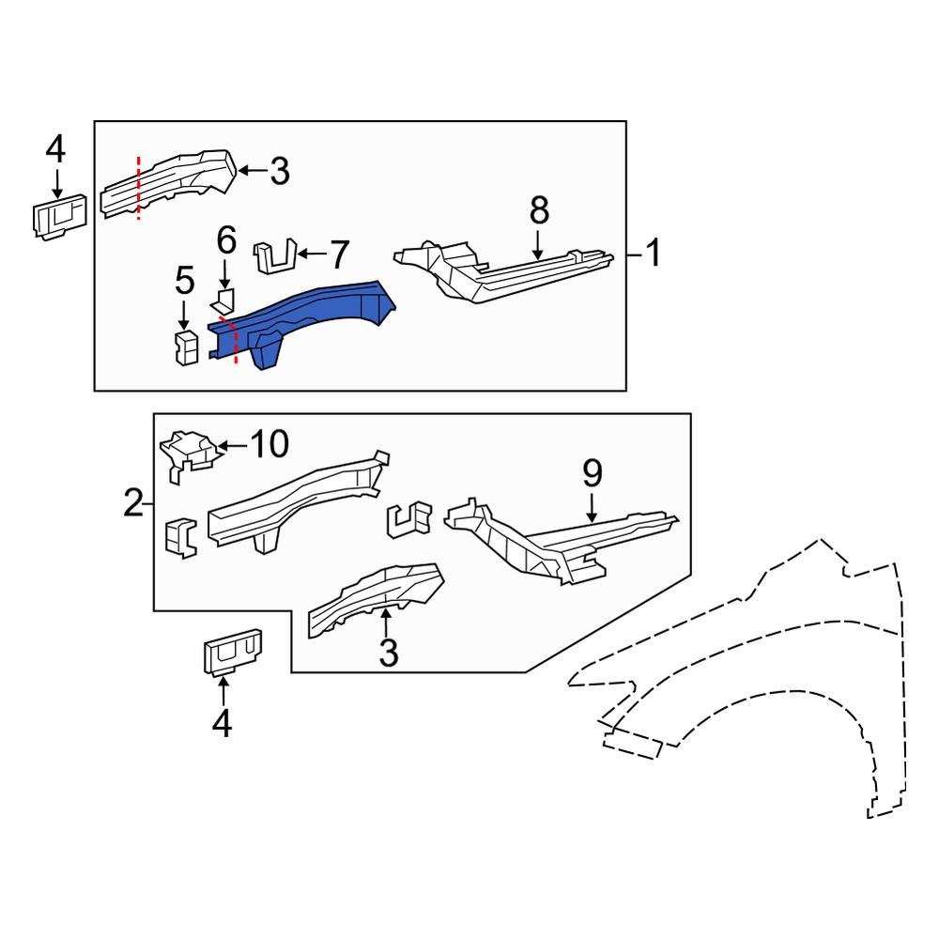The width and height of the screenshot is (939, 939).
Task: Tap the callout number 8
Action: [538, 211]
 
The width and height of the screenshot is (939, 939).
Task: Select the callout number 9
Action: [592, 474]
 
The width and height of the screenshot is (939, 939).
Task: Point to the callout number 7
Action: [337, 254]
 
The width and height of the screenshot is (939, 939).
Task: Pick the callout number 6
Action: [226, 242]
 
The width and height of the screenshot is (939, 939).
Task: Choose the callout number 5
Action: [184, 280]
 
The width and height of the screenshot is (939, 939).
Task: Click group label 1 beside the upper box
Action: [651, 253]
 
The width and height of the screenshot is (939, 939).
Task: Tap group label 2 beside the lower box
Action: [134, 504]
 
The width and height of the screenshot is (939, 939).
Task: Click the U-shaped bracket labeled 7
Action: [274, 256]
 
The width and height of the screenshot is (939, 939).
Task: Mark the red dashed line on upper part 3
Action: [139, 188]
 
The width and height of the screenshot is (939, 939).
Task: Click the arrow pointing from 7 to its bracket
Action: [310, 254]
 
